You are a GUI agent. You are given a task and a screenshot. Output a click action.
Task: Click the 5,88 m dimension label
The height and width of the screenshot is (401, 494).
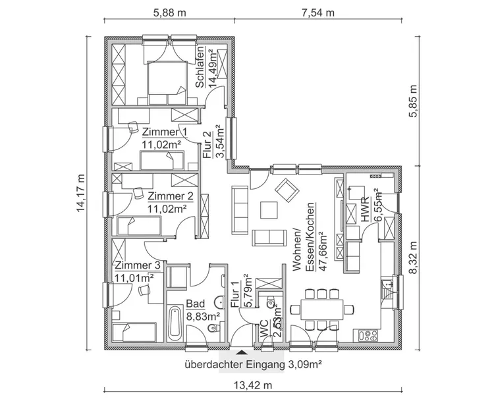click(169, 13)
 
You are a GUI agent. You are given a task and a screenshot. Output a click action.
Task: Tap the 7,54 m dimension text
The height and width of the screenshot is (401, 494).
click(317, 13)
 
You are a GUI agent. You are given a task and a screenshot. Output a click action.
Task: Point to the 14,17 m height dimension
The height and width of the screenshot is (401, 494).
click(80, 194)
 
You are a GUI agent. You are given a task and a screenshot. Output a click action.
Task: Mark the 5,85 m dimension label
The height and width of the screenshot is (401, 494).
click(413, 101)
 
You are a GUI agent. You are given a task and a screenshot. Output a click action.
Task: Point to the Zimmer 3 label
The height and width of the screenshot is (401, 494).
click(137, 265)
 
